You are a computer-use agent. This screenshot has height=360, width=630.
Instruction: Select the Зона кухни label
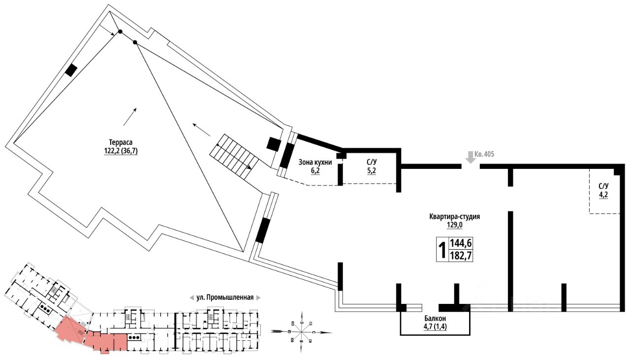tap(315, 162)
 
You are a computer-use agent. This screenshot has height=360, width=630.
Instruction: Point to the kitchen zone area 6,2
tap(315, 171)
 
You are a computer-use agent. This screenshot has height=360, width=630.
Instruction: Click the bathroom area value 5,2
tap(372, 171)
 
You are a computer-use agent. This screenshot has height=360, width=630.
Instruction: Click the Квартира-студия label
tap(454, 216)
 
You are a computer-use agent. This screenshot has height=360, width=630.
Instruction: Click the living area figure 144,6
tap(461, 243)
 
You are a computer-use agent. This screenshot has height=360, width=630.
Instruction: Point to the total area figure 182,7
tap(461, 256)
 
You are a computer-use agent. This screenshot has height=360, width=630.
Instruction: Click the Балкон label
tap(434, 319)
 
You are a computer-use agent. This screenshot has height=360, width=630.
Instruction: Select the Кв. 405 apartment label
tap(485, 154)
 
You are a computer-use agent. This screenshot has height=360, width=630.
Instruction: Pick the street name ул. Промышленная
tap(225, 297)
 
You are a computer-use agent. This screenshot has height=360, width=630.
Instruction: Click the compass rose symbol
tap(301, 329)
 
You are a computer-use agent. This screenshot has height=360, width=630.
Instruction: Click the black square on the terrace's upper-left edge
tap(71, 70)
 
